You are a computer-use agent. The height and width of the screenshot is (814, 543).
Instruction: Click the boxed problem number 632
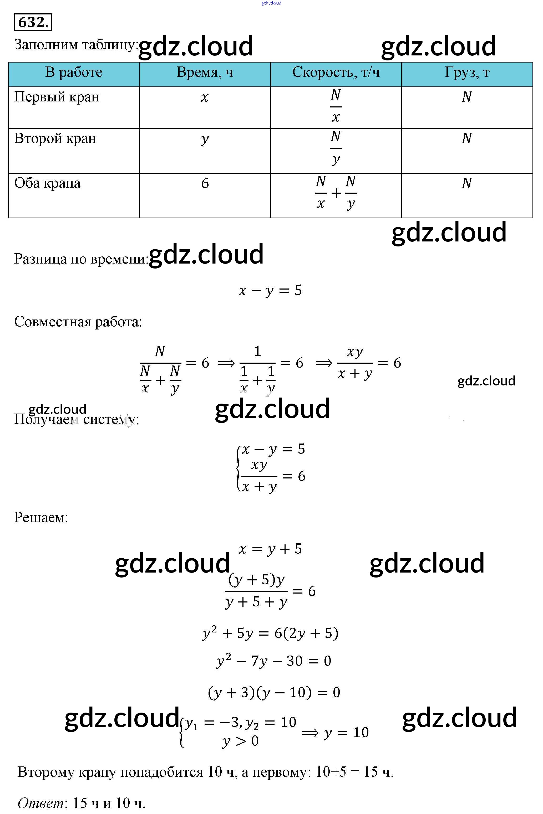tap(33, 22)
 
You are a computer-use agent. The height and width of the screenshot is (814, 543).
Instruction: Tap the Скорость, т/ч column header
tap(336, 73)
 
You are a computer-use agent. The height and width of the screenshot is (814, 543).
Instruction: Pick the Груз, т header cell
tap(467, 73)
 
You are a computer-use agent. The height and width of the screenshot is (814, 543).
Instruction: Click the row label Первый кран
tap(57, 97)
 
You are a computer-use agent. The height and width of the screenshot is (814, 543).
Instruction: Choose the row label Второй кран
tap(55, 138)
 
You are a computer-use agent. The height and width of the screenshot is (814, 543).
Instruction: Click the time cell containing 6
tap(205, 183)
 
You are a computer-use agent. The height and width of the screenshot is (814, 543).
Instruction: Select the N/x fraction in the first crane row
tap(336, 106)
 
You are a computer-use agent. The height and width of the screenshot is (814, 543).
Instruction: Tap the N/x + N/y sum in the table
tap(336, 193)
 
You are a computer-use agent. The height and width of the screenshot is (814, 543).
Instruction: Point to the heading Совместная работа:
tap(78, 322)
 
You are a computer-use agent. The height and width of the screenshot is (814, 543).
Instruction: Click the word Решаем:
tap(41, 518)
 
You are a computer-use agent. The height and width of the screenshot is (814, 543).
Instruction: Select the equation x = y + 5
tap(270, 549)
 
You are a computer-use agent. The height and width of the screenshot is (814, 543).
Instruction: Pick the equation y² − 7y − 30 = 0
tap(273, 661)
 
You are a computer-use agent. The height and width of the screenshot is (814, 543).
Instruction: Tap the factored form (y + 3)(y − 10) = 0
tap(273, 692)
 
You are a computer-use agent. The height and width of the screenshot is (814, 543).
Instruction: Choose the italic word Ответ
tap(41, 803)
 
